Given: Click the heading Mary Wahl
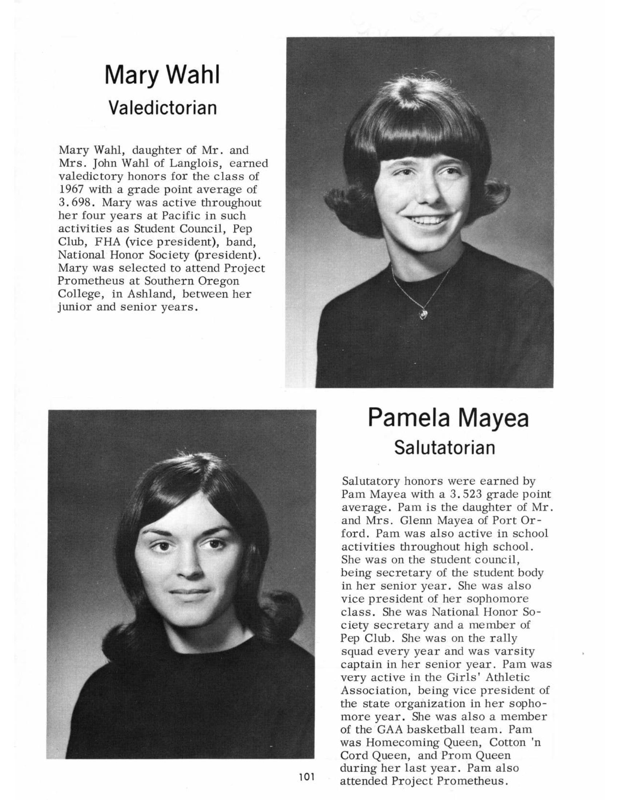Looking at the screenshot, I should point(162,75).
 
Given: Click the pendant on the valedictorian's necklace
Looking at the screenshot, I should point(424,314).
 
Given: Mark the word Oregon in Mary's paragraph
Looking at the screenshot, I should point(218,281).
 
